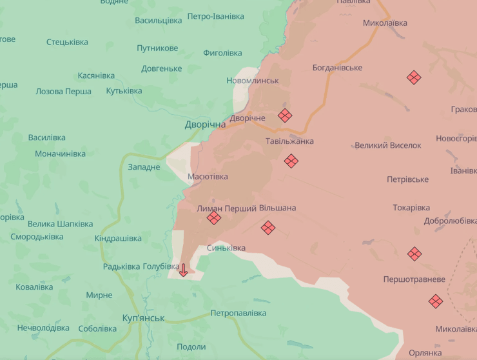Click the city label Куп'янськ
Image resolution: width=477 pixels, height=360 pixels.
(143, 318)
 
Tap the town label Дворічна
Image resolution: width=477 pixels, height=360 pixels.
(205, 124)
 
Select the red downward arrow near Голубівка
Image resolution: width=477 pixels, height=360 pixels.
(183, 270)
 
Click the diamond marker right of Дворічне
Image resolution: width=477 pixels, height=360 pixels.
(285, 115)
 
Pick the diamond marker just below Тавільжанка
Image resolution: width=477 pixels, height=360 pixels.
(291, 161)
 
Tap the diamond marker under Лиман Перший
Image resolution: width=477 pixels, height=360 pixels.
(214, 218)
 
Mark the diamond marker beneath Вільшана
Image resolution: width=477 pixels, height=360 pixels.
(268, 227)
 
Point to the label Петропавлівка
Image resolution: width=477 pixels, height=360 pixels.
(238, 313)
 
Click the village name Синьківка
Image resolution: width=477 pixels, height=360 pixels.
(226, 248)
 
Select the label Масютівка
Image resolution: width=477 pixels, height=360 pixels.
(208, 176)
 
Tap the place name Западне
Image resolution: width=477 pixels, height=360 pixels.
(144, 167)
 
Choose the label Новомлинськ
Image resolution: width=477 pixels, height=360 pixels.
(253, 81)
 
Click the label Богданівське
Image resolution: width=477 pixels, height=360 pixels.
(337, 68)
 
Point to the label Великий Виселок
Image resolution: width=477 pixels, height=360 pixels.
(388, 145)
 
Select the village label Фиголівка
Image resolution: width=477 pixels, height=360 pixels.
(222, 53)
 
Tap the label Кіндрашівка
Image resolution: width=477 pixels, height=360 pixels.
(118, 238)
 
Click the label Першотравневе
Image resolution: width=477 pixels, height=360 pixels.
(414, 279)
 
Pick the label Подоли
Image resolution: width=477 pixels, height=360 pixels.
(191, 346)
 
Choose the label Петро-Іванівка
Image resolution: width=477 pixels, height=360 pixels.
(215, 15)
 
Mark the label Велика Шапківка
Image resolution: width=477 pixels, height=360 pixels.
(60, 224)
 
